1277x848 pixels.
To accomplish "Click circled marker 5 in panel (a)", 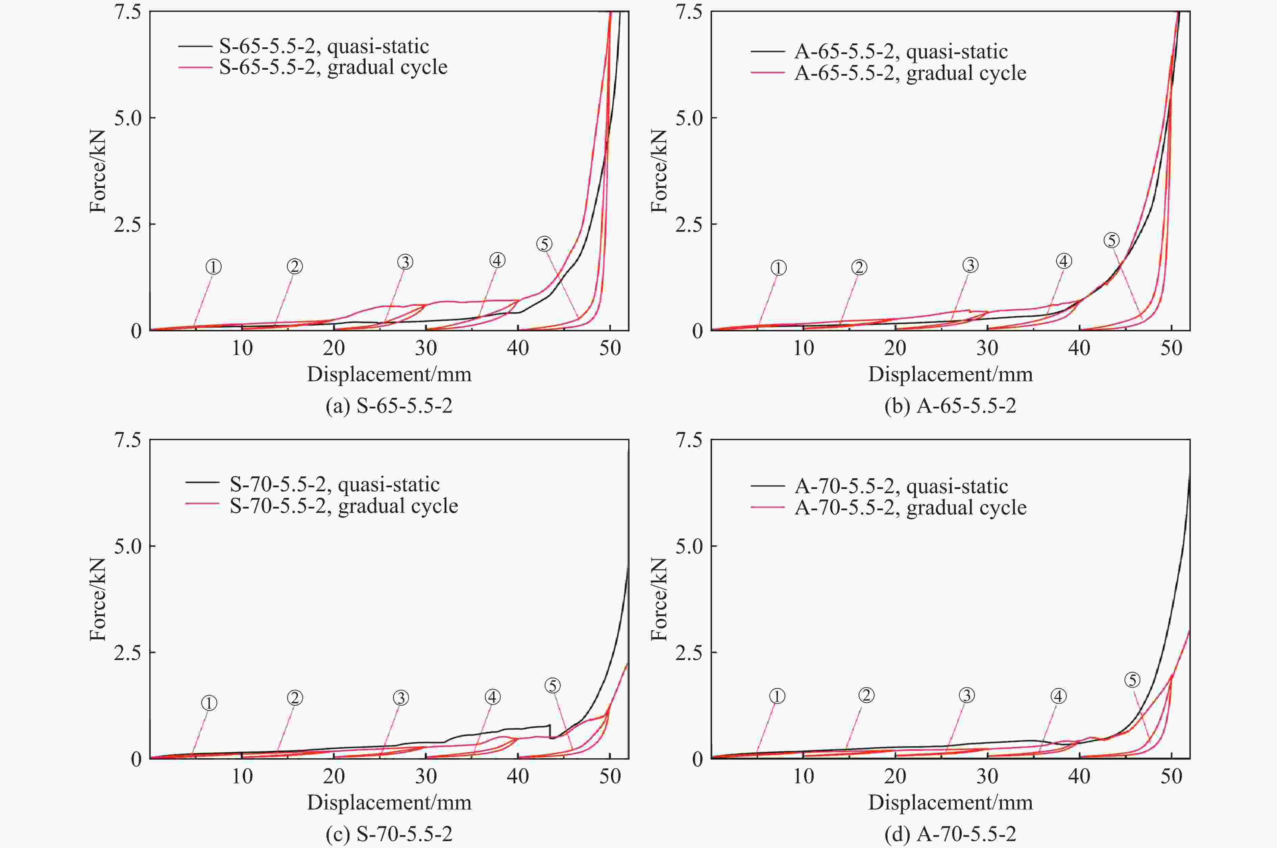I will click(544, 244).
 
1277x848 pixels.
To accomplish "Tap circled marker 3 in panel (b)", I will click(970, 265).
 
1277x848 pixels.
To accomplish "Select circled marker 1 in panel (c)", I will click(209, 703).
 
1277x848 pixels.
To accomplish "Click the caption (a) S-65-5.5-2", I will click(389, 406).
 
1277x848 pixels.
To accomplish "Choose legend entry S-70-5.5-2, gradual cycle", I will click(344, 506).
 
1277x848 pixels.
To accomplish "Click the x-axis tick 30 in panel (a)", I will click(426, 348).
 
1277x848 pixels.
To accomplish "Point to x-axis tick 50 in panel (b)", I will click(1171, 348).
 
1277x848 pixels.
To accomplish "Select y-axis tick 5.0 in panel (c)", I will click(127, 546).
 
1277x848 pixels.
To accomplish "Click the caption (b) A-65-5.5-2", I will click(950, 406).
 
